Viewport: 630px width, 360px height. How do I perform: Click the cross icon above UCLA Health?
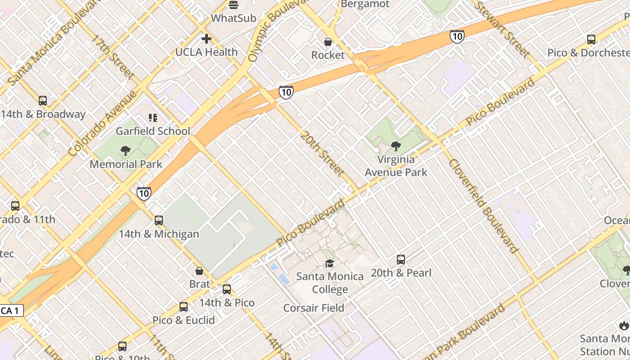click(207, 39)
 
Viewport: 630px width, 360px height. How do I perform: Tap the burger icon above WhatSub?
click(234, 5)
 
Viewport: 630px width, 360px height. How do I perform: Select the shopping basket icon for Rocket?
click(328, 42)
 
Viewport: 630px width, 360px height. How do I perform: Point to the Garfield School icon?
click(153, 118)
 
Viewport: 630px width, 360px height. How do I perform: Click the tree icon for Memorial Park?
click(126, 151)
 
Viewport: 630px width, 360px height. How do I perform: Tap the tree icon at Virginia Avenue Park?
click(396, 146)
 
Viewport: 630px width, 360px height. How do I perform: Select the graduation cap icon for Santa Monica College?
click(330, 263)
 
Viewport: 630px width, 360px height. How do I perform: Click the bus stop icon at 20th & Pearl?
click(401, 260)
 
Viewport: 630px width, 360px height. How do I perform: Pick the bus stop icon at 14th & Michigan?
click(159, 220)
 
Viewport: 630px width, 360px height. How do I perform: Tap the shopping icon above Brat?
click(199, 271)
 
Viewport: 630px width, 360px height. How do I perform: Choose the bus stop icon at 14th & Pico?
click(227, 289)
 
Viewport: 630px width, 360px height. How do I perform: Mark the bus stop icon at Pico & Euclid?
click(184, 307)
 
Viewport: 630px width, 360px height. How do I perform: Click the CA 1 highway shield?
click(11, 310)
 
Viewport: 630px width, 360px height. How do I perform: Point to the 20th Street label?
click(323, 154)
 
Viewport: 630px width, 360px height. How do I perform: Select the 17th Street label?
click(113, 57)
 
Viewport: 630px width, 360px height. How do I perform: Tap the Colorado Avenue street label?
click(103, 124)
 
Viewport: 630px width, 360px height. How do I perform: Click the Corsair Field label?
click(314, 308)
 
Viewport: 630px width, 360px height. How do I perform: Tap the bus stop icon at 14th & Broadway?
click(43, 101)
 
